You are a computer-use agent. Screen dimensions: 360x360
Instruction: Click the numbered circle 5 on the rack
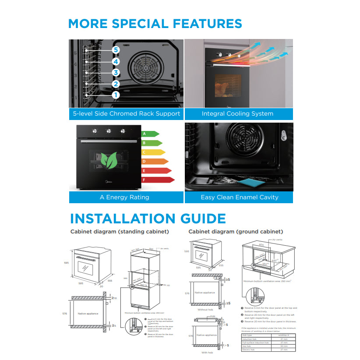[x=116, y=50]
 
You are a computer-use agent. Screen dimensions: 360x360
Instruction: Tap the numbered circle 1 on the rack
[x=116, y=95]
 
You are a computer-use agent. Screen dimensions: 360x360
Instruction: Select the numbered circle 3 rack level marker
[x=116, y=73]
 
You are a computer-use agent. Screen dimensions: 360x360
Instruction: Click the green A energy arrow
[x=150, y=134]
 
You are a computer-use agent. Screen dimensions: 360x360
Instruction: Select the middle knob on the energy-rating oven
[x=108, y=131]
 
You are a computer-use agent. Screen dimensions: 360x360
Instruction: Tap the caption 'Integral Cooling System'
[x=237, y=114]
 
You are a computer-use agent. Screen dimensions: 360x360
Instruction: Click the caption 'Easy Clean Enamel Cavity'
[x=239, y=198]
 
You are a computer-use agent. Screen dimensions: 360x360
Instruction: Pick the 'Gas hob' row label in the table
[x=248, y=346]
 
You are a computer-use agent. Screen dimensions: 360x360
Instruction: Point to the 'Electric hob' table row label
[x=249, y=349]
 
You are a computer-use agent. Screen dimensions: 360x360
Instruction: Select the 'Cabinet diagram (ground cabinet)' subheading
[x=236, y=231]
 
